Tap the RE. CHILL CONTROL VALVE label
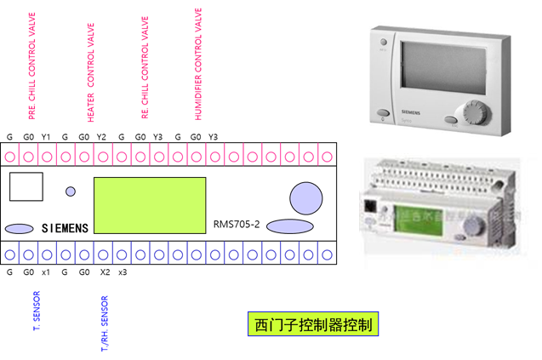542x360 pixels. pyautogui.click(x=145, y=58)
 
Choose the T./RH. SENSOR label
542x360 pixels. pyautogui.click(x=105, y=324)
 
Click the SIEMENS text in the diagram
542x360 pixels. pyautogui.click(x=63, y=228)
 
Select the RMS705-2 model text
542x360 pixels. pyautogui.click(x=237, y=225)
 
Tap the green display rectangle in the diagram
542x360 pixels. pyautogui.click(x=150, y=205)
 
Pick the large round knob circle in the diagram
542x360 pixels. pyautogui.click(x=305, y=197)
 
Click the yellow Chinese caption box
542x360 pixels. pyautogui.click(x=311, y=323)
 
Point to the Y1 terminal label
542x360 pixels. pyautogui.click(x=47, y=137)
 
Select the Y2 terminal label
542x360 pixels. pyautogui.click(x=102, y=137)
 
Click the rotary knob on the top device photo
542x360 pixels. pyautogui.click(x=471, y=113)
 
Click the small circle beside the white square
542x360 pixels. pyautogui.click(x=71, y=191)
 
